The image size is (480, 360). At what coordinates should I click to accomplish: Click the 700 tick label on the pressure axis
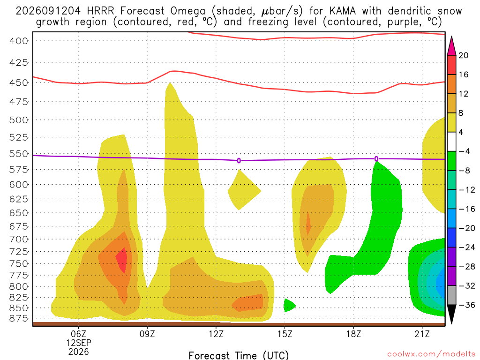coord(19,239)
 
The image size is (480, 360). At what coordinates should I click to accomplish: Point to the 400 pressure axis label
coord(19,41)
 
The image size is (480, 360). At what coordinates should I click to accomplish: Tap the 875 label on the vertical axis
coord(19,319)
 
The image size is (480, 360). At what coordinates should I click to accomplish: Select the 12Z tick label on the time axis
coord(216,334)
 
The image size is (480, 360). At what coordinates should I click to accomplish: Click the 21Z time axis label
coord(422,334)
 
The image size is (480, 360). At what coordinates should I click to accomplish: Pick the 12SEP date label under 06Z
coord(79,343)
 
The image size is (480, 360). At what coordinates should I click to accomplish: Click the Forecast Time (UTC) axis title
coord(239,355)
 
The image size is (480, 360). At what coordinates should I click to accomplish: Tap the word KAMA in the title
coord(343,11)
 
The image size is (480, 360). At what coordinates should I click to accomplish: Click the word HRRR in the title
coord(100,11)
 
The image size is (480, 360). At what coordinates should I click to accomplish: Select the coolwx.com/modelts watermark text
coord(431,354)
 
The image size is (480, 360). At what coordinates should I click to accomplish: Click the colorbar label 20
coord(464,55)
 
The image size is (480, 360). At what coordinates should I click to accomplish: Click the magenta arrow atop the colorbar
coord(451,47)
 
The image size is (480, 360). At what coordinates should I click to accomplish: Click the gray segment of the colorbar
coord(451,295)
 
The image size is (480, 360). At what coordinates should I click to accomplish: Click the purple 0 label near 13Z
coord(239,161)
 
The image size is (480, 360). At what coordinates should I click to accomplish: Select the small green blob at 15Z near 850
coord(289,305)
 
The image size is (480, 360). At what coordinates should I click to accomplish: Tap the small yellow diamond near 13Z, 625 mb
coord(244,190)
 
